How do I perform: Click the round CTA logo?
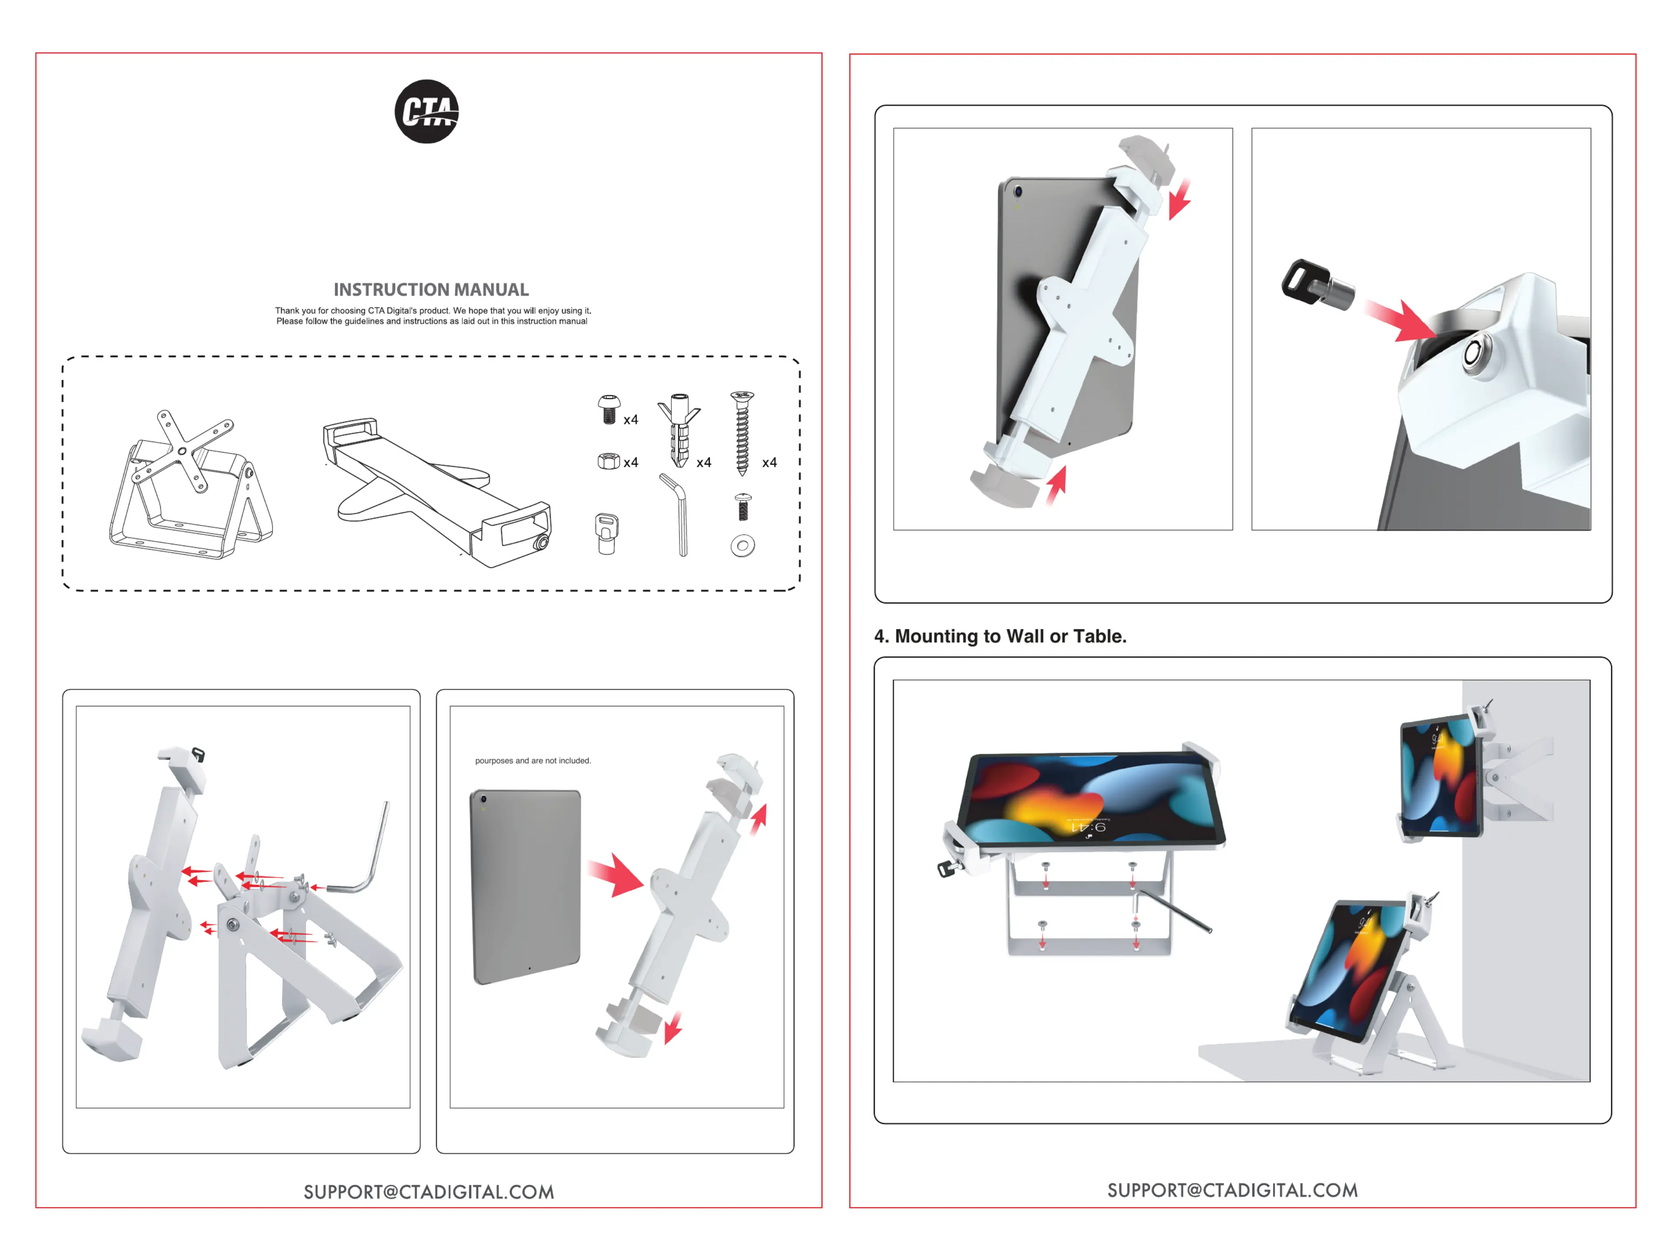click(426, 112)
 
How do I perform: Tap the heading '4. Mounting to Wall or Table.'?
click(1000, 636)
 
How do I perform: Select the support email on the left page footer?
click(428, 1192)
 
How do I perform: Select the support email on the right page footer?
click(1232, 1190)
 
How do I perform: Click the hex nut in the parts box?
click(608, 461)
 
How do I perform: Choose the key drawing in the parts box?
click(606, 533)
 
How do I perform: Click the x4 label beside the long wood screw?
click(769, 463)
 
